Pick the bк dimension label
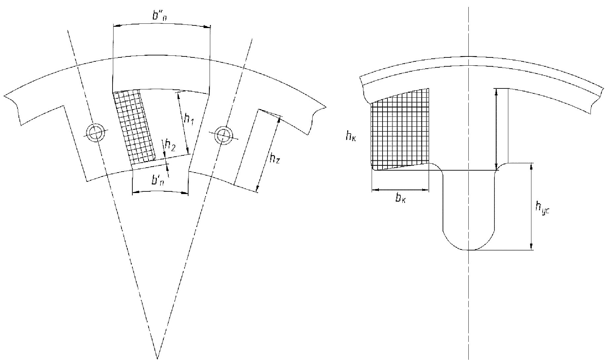[400, 198]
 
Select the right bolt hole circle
[223, 134]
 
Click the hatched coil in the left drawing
[134, 127]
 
